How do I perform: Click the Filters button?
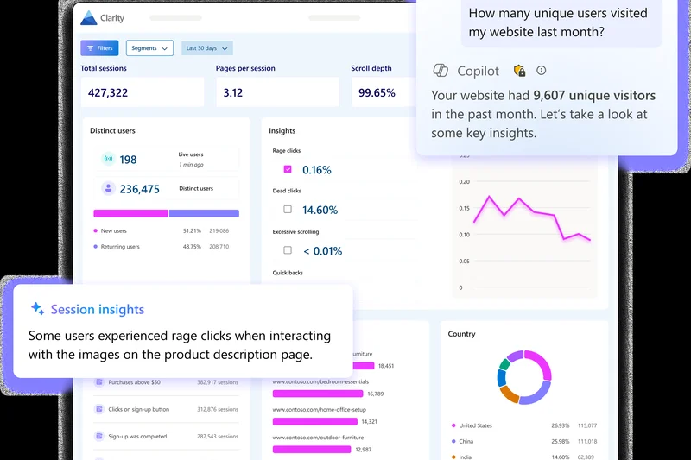[x=99, y=48]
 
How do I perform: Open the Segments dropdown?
[x=149, y=48]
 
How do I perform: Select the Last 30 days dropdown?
[x=207, y=48]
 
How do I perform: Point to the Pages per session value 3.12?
[x=232, y=92]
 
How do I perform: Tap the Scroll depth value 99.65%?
[x=377, y=92]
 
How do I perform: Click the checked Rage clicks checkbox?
[x=288, y=169]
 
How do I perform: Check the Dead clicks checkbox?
[x=288, y=209]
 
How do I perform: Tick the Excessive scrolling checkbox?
[x=288, y=250]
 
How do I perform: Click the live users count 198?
[x=128, y=160]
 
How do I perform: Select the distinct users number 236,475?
[x=139, y=189]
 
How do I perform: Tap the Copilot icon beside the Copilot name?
[x=441, y=71]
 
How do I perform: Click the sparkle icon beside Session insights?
[x=37, y=309]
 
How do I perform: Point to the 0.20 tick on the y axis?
[x=464, y=182]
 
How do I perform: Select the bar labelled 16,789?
[x=317, y=394]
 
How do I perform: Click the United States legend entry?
[x=475, y=425]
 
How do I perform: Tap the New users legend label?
[x=114, y=231]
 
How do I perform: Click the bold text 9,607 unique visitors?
[x=594, y=95]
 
